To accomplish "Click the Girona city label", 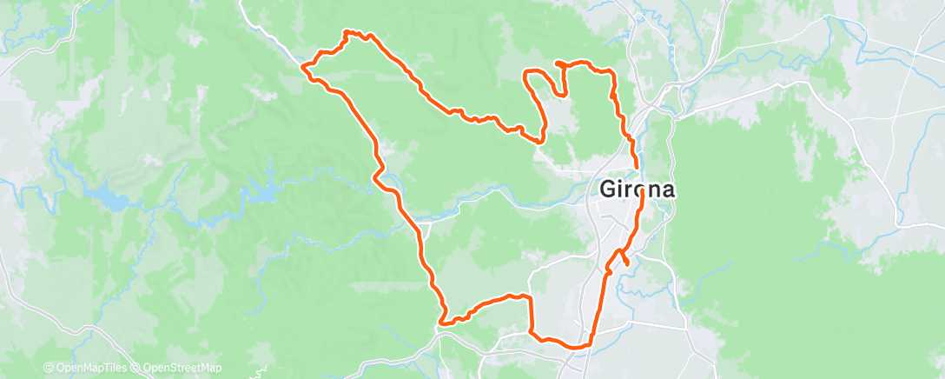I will point(637,189).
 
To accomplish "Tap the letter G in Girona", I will point(608,189).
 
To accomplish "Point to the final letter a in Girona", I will point(665,189).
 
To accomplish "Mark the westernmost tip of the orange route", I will point(302,65).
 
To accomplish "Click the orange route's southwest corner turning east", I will point(442,322).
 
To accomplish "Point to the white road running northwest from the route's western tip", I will point(269,39).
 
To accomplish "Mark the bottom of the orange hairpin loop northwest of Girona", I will point(541,140).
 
